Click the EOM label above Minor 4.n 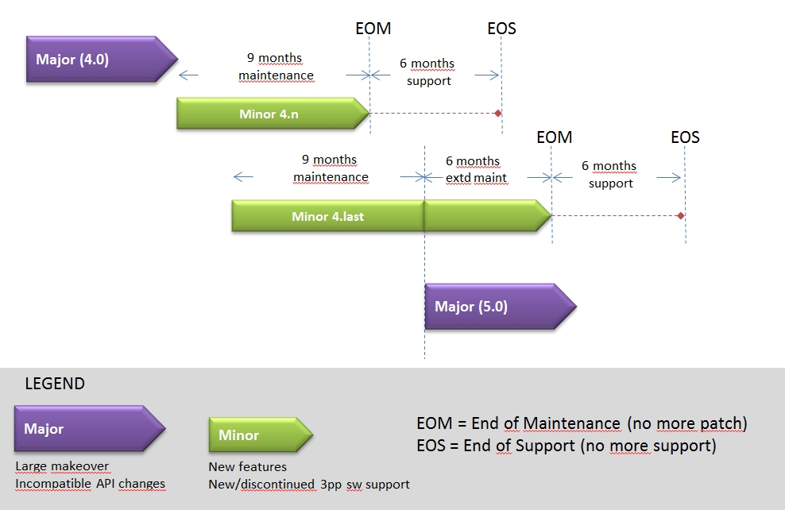point(373,29)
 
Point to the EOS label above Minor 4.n point(501,29)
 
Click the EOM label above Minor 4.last point(554,137)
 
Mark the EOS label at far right point(685,137)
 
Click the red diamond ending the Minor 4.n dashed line point(498,114)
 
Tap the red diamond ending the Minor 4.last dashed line point(681,216)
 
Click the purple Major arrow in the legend point(87,429)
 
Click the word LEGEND point(55,384)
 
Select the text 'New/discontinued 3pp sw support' point(308,485)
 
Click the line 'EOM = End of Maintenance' point(582,424)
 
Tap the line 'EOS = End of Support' point(566,446)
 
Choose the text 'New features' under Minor point(247,467)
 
